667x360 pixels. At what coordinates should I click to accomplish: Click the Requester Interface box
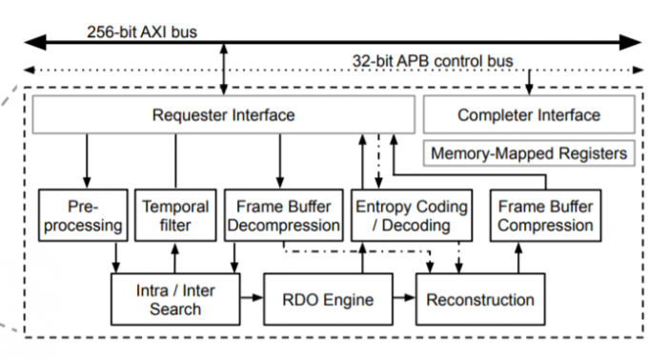[x=224, y=115]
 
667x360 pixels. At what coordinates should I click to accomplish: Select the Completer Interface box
[x=529, y=115]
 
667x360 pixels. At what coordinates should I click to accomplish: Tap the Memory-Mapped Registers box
[x=529, y=152]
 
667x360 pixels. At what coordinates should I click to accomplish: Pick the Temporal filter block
[x=174, y=215]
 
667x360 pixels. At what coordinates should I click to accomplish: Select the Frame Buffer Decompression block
[x=283, y=215]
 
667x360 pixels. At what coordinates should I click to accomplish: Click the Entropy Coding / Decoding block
[x=412, y=215]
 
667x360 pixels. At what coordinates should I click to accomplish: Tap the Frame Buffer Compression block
[x=546, y=215]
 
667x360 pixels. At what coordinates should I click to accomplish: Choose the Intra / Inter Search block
[x=174, y=299]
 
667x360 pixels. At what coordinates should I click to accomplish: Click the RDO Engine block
[x=327, y=299]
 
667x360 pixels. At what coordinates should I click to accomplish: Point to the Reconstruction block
[x=480, y=299]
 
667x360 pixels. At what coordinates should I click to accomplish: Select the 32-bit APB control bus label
[x=434, y=61]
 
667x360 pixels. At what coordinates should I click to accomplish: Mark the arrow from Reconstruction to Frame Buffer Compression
[x=519, y=257]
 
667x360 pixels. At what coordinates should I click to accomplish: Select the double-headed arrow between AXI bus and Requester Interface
[x=224, y=69]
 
